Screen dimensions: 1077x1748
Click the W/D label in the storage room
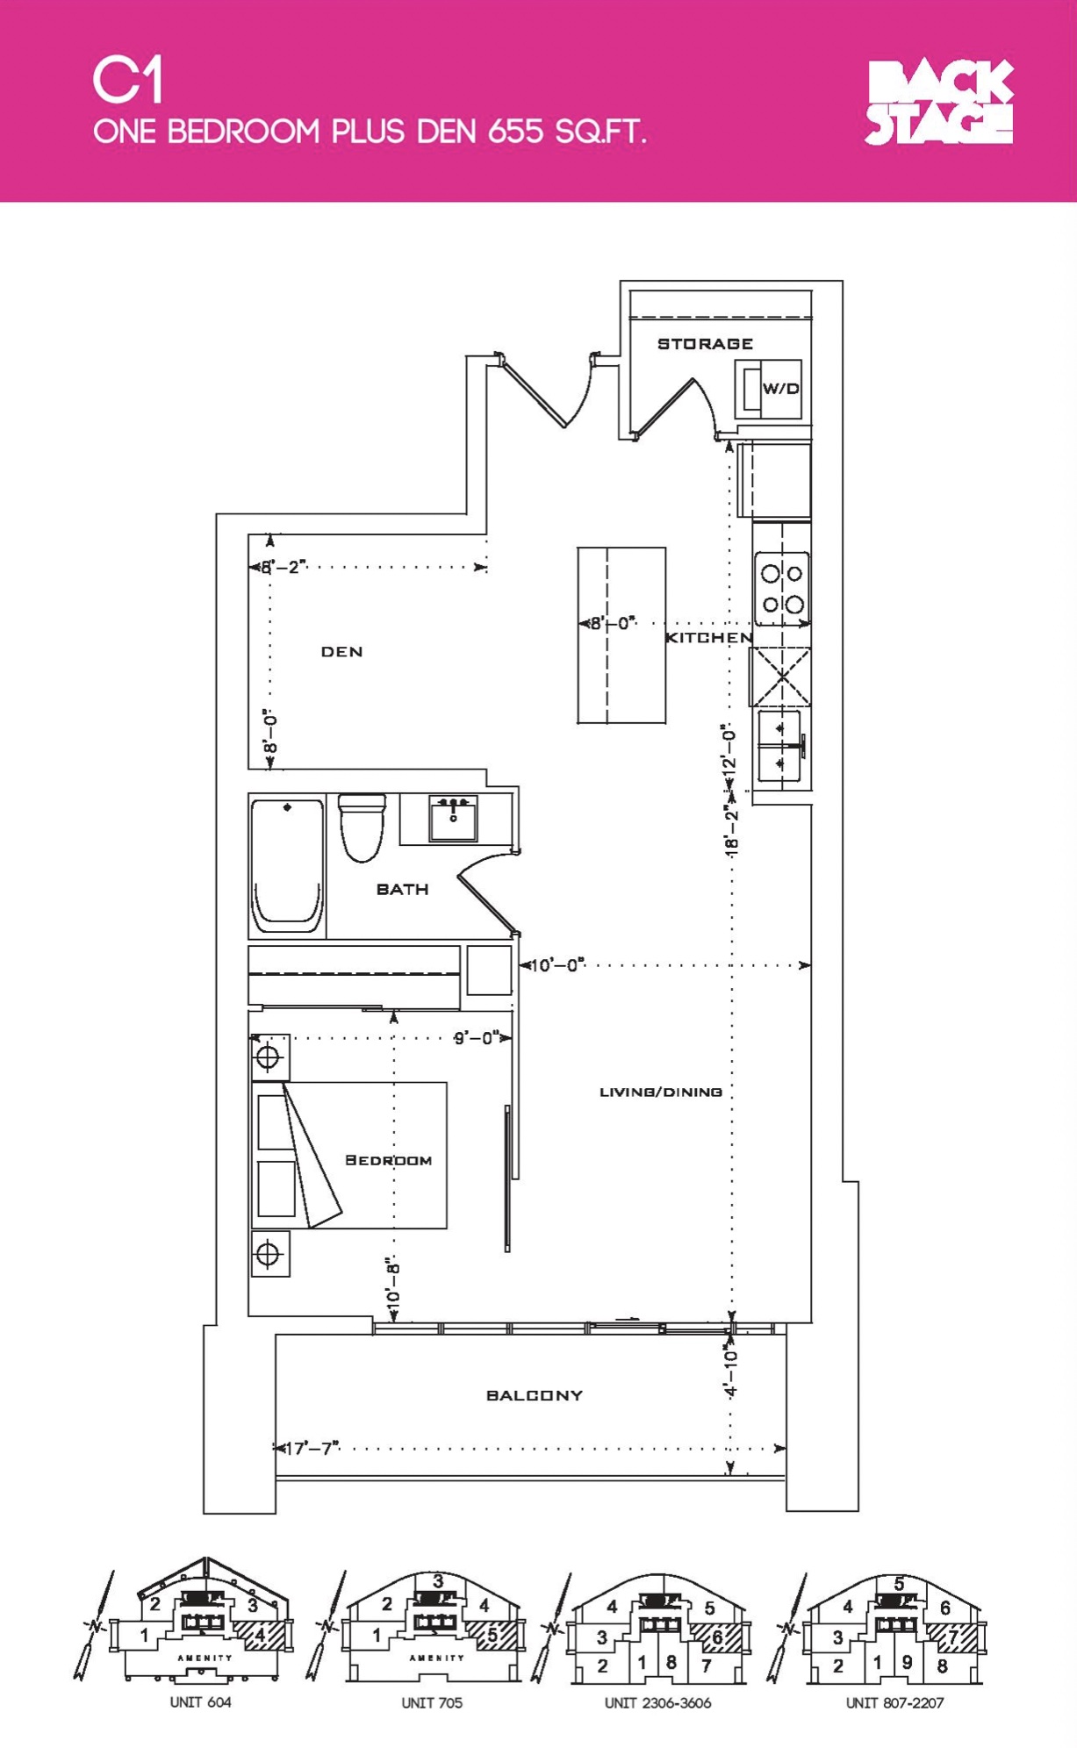point(780,389)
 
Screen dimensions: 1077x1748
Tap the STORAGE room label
point(705,344)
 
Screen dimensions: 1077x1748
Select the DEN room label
point(341,651)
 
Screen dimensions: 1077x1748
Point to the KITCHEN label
point(708,638)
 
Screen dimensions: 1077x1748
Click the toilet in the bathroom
point(362,827)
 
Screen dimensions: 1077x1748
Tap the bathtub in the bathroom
point(287,865)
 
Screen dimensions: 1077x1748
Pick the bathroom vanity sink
point(453,818)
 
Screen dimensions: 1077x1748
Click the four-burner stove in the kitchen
point(782,589)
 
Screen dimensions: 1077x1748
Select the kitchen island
point(621,635)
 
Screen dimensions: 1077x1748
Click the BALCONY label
point(535,1395)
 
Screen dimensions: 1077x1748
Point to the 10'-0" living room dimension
point(558,965)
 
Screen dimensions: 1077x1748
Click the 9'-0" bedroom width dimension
point(477,1038)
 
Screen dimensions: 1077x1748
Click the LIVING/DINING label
point(661,1092)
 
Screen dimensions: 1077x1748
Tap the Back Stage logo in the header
point(939,102)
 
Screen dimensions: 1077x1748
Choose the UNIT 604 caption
point(200,1702)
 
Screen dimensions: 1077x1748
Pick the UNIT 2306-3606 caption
point(657,1703)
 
